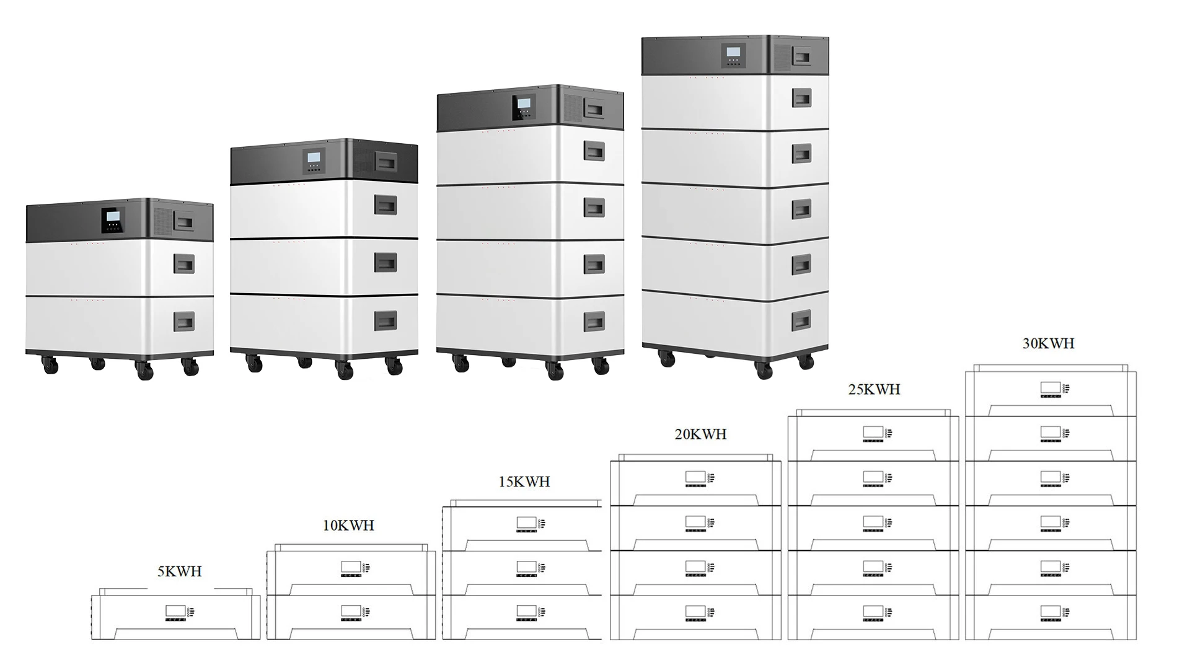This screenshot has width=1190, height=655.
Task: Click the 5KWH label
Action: click(x=180, y=571)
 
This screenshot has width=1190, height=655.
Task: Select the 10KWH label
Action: click(x=348, y=525)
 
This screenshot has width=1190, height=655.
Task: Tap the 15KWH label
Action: click(x=524, y=481)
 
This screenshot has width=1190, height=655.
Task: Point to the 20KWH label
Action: click(x=700, y=434)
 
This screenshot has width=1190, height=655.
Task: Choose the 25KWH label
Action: click(x=874, y=389)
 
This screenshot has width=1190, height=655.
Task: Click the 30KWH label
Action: click(x=1048, y=343)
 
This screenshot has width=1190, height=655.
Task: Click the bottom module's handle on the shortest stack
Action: click(x=183, y=321)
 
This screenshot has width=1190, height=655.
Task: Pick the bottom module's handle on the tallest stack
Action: click(x=801, y=319)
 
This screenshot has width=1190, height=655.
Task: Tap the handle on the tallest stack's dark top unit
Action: click(x=802, y=57)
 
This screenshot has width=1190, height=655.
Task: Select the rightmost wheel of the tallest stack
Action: click(x=806, y=362)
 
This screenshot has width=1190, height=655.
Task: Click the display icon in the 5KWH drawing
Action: click(x=174, y=612)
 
